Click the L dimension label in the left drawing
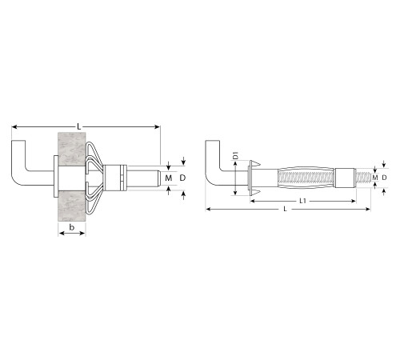click(79, 126)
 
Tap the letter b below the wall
click(72, 227)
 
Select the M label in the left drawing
click(169, 178)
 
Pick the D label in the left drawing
click(182, 178)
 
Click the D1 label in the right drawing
click(235, 155)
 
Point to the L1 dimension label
click(302, 201)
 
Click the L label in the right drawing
click(285, 209)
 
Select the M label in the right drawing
click(375, 178)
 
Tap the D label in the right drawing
click(384, 178)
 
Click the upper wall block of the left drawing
click(72, 149)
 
